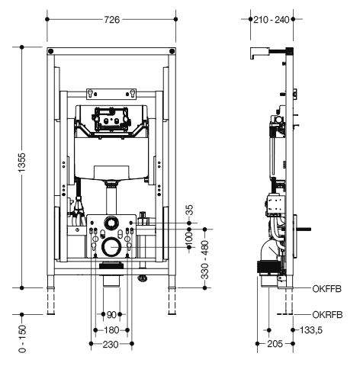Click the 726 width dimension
point(112,20)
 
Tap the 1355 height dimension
point(22,162)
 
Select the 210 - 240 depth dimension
point(272,20)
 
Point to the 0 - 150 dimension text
point(22,339)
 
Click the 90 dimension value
point(111,315)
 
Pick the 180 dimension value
point(111,330)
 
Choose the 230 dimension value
point(111,345)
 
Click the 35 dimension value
point(190,210)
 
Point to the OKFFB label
point(327,289)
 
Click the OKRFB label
point(327,315)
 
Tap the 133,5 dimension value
point(311,330)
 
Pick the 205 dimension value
point(275,344)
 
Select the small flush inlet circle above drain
point(111,223)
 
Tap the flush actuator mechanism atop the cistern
point(111,120)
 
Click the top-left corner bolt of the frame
point(51,51)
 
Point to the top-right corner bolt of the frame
point(172,51)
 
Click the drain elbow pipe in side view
point(269,250)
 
